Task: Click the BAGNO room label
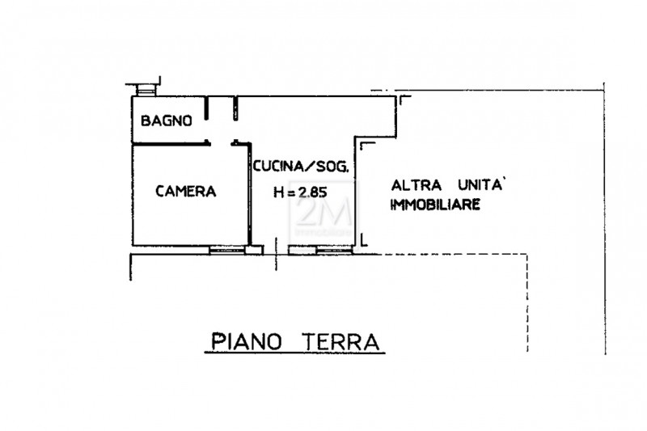click(x=167, y=120)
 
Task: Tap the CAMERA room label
click(x=186, y=192)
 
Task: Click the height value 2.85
click(x=312, y=192)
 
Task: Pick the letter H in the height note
click(x=279, y=192)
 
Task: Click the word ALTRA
click(x=416, y=186)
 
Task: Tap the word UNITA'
click(x=480, y=185)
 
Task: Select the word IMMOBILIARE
click(x=435, y=205)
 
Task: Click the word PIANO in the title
click(x=247, y=342)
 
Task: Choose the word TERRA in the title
click(x=340, y=342)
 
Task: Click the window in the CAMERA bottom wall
click(x=227, y=250)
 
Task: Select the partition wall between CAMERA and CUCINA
click(x=250, y=195)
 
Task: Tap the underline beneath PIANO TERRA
click(x=294, y=353)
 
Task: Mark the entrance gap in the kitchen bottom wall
click(x=276, y=250)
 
